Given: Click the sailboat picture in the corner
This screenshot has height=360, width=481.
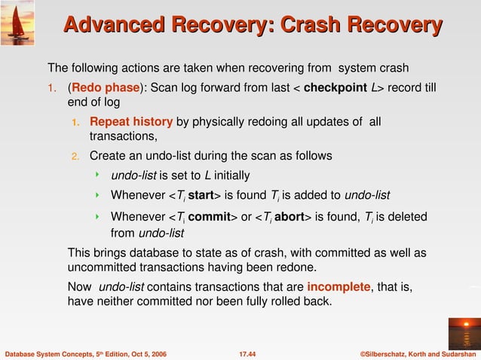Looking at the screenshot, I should pos(16,20).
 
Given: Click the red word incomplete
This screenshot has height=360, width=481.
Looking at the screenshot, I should pos(339,287).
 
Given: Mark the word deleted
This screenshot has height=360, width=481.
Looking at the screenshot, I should pos(406,217).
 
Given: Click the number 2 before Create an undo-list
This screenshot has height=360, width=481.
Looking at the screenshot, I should pos(75,157).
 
